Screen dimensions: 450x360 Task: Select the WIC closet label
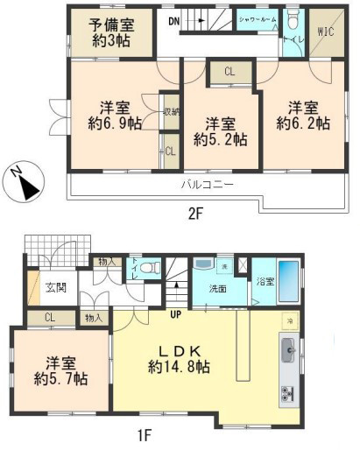point(325,32)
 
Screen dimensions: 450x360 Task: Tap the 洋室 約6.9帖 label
point(114,115)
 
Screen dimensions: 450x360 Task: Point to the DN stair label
point(174,20)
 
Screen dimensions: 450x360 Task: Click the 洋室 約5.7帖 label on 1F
point(60,371)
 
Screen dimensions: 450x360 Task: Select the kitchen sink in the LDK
point(288,355)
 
